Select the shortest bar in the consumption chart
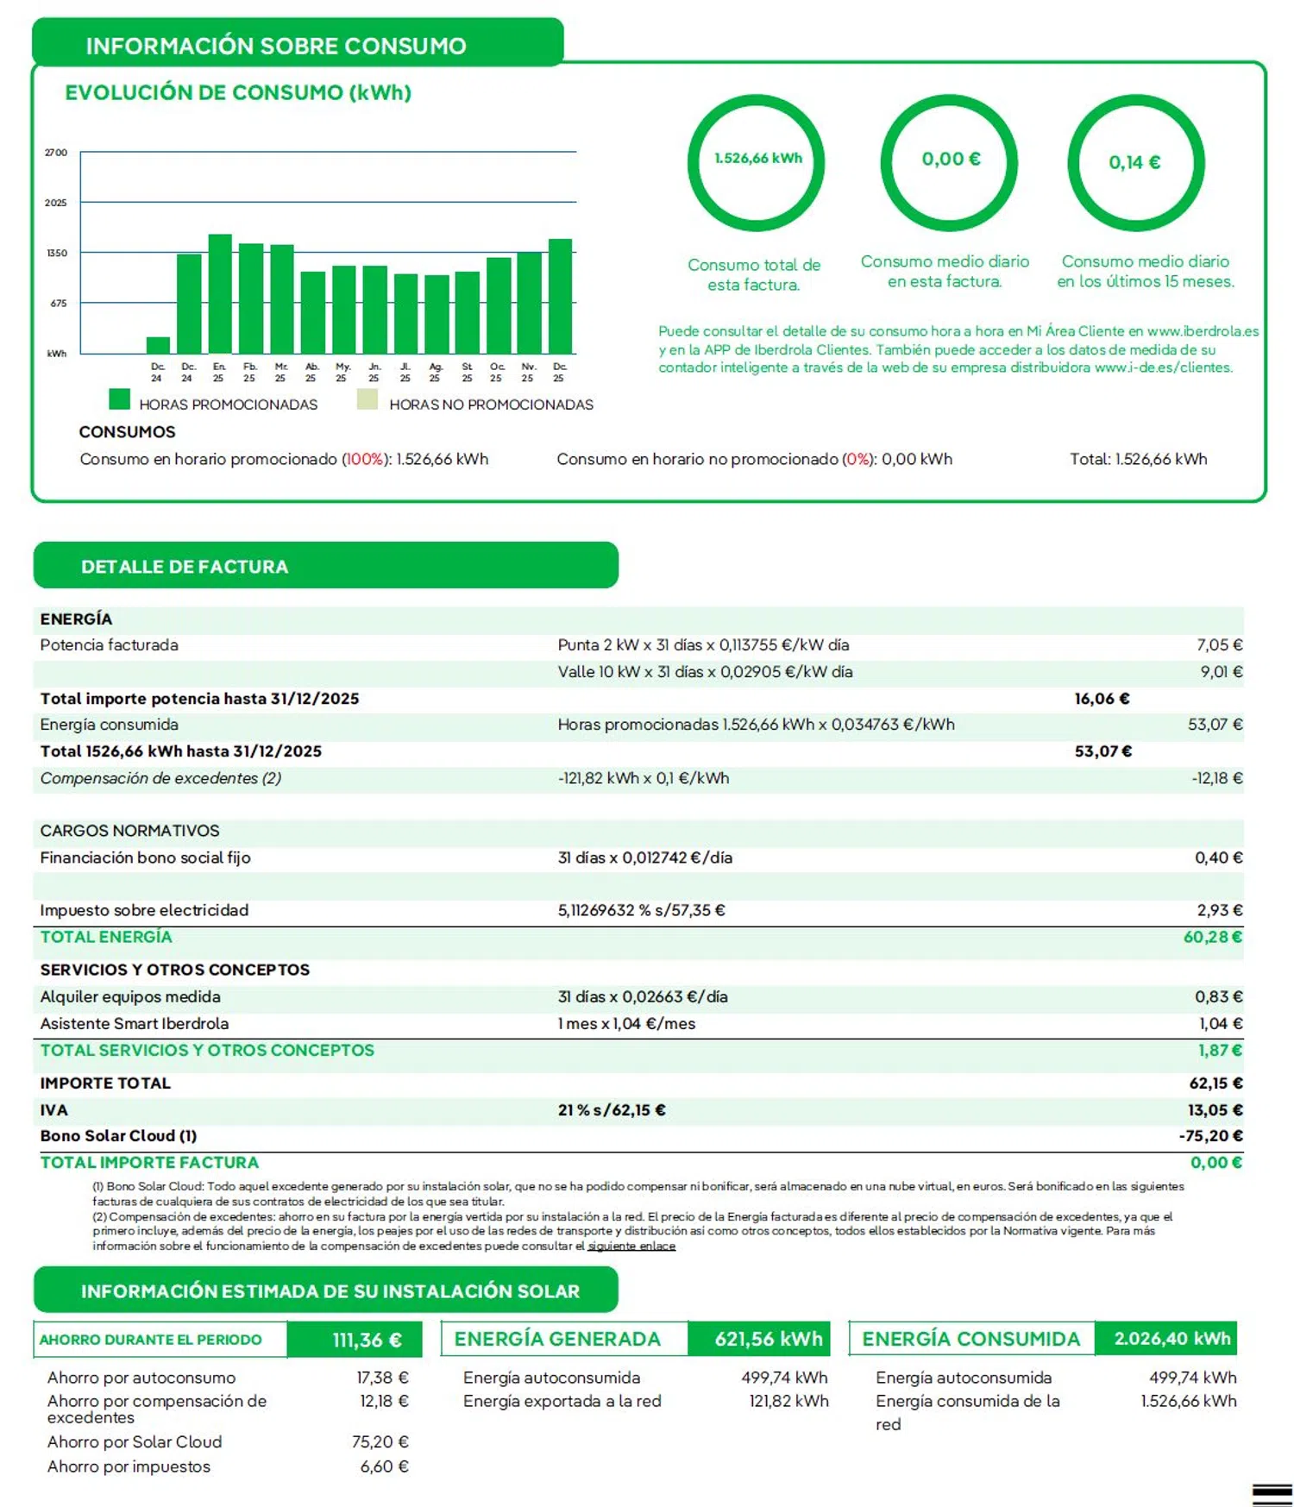[x=158, y=345]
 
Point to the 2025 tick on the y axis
[x=56, y=203]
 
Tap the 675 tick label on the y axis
[x=58, y=303]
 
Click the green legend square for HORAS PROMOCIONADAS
[x=119, y=399]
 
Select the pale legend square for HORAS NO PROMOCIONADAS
[x=367, y=399]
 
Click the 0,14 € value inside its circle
[x=1134, y=162]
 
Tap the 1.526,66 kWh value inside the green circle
[x=757, y=158]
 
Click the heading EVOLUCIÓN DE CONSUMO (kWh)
[x=238, y=92]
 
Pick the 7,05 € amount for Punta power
[x=1219, y=644]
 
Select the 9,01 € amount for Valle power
[x=1221, y=671]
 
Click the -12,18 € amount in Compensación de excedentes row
[x=1216, y=778]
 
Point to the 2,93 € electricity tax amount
[x=1219, y=910]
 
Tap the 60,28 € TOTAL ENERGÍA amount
[x=1212, y=937]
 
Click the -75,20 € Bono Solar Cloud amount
[x=1210, y=1136]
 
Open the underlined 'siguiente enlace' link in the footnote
[x=631, y=1246]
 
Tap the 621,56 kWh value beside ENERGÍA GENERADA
[x=768, y=1339]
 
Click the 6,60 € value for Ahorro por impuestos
[x=384, y=1466]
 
